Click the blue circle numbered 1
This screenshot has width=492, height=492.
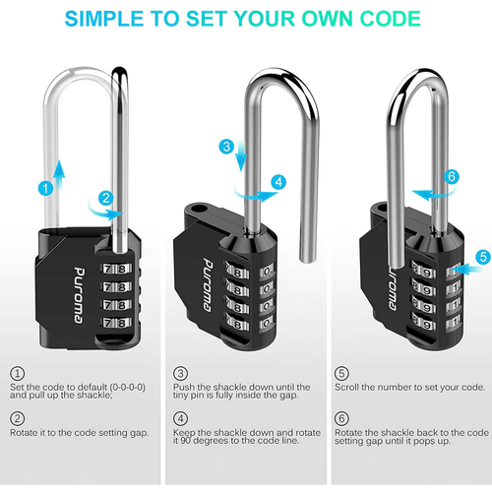click(45, 187)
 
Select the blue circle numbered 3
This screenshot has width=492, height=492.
click(226, 147)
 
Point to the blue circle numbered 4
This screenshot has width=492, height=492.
click(278, 181)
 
